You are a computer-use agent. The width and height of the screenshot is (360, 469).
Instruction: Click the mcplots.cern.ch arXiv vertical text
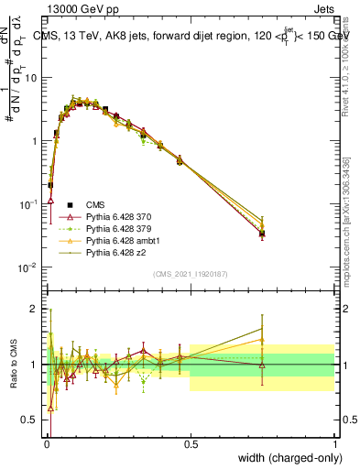[x=345, y=229]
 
